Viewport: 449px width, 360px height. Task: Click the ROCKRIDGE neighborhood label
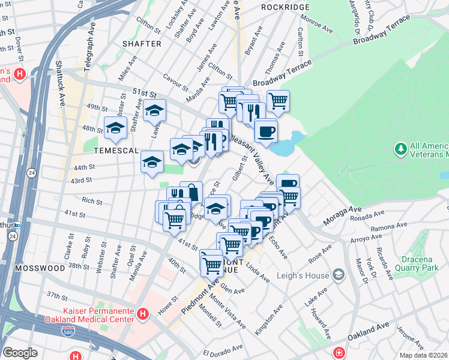click(286, 7)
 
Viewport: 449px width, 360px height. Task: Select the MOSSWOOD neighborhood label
click(40, 268)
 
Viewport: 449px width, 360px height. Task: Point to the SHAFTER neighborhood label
click(142, 44)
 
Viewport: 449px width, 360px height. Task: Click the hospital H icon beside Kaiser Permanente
click(143, 313)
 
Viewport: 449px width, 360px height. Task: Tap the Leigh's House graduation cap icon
click(339, 275)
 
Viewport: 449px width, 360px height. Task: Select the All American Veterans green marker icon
click(400, 148)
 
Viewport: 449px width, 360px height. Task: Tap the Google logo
click(20, 353)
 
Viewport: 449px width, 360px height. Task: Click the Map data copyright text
click(423, 355)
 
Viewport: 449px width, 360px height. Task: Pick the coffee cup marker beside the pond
click(265, 130)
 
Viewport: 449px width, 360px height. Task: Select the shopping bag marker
click(191, 193)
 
